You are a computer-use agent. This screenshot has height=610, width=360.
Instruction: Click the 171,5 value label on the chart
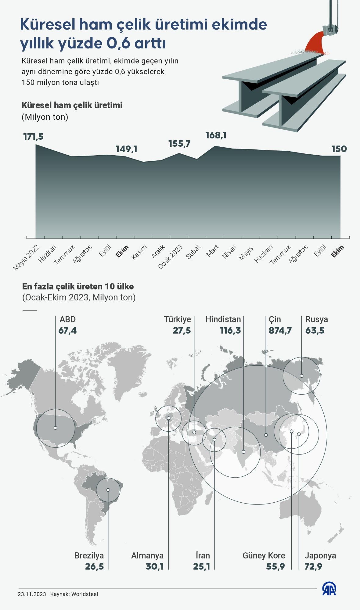[x=34, y=137]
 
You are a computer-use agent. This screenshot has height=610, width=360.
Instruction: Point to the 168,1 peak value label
[x=216, y=135]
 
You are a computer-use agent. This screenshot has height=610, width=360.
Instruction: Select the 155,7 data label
[x=179, y=144]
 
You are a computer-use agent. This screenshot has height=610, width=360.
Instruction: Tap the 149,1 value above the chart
[x=126, y=149]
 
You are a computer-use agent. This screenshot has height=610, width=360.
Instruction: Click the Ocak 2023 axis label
[x=170, y=257]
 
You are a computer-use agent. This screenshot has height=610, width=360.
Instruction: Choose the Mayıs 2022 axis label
[x=26, y=258]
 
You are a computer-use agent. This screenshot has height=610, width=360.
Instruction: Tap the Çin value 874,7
[x=280, y=330]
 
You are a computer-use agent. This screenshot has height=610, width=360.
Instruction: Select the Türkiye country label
[x=177, y=319]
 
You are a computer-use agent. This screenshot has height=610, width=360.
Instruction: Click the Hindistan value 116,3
[x=230, y=330]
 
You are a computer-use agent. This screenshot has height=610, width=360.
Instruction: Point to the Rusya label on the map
[x=317, y=319]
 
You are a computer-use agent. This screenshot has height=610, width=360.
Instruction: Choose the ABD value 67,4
[x=67, y=330]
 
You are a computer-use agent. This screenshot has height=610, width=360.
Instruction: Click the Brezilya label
[x=89, y=556]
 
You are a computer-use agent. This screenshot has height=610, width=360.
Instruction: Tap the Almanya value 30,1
[x=155, y=567]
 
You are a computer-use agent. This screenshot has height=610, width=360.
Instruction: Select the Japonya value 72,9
[x=313, y=567]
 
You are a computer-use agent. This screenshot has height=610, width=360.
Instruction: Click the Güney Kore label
[x=264, y=556]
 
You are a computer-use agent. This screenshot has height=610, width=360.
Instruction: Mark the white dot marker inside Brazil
[x=108, y=490]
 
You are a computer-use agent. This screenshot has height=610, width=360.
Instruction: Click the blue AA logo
[x=329, y=589]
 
